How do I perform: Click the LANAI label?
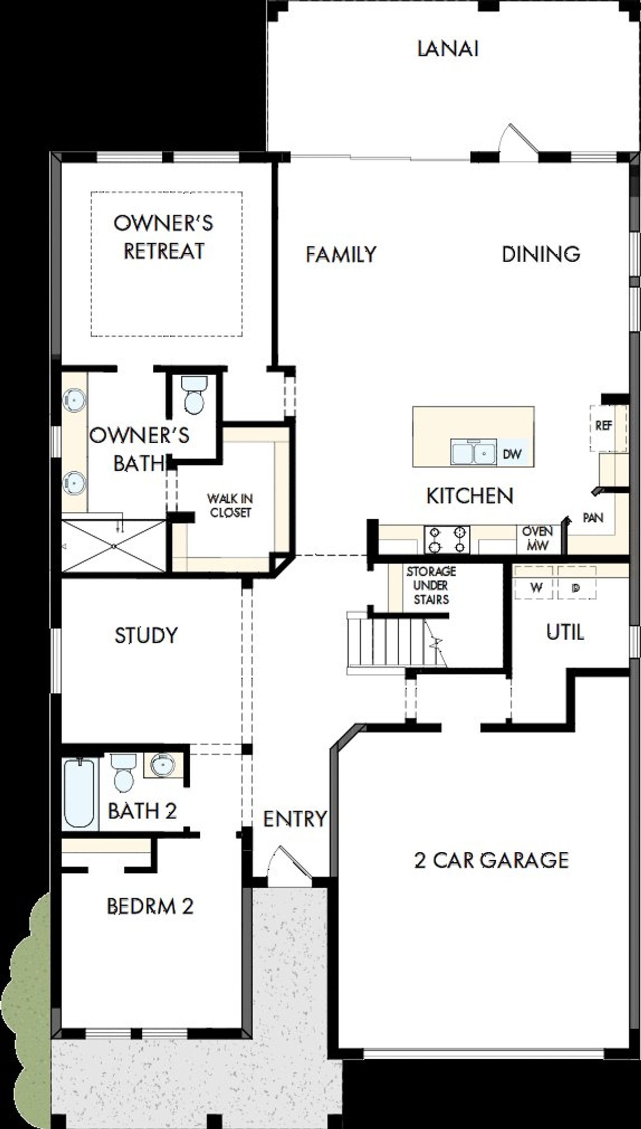[x=448, y=49]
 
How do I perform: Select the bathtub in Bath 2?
[x=80, y=793]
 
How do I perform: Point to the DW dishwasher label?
[x=512, y=454]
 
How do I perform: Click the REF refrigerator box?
[x=604, y=427]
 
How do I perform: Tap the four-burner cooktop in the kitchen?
[x=447, y=539]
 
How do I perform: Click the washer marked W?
[x=536, y=588]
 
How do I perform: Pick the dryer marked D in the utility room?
[x=576, y=588]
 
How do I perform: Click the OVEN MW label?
[x=537, y=538]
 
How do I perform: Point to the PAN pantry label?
[x=593, y=517]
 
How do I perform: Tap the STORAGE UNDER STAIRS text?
[x=431, y=585]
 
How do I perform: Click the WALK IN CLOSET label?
[x=230, y=505]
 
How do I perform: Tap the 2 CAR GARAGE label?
[x=491, y=860]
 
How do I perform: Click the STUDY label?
[x=146, y=635]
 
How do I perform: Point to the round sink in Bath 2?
[x=163, y=765]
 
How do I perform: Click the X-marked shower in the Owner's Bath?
[x=114, y=545]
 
